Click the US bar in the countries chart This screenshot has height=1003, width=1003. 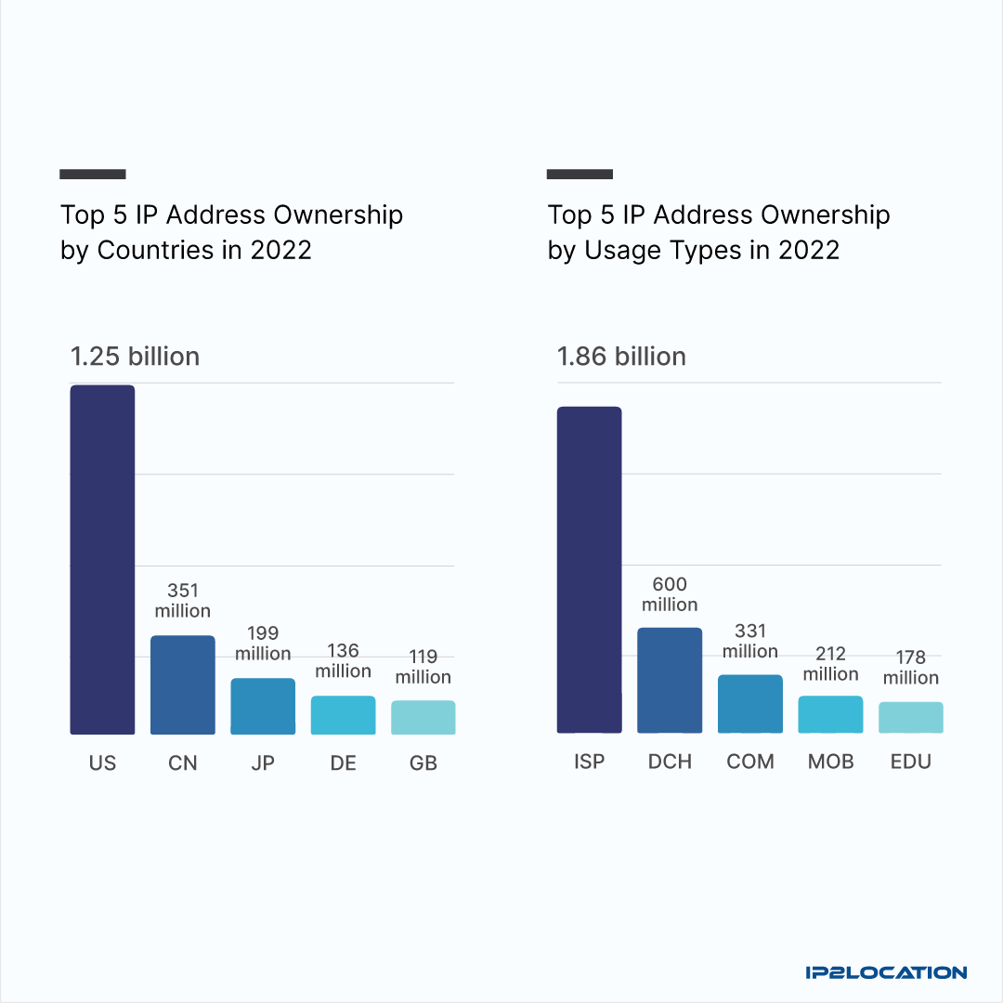point(103,559)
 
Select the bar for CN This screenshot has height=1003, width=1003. point(183,684)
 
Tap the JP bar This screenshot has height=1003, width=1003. point(263,706)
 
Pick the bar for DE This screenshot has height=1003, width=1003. point(343,715)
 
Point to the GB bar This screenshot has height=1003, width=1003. point(423,717)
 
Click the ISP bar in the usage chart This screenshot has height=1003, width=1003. point(589,569)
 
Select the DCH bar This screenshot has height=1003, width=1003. point(670,680)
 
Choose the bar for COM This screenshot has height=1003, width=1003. point(749,703)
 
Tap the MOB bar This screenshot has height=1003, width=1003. point(830,714)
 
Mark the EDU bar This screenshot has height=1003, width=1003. point(910,717)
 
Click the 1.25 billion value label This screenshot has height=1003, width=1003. point(136,357)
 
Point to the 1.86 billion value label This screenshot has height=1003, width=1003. point(621,357)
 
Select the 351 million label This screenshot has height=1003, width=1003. point(183,601)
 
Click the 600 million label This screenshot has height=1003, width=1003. point(670,594)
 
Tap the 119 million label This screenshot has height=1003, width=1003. point(423,667)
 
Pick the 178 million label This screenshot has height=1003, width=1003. point(910,668)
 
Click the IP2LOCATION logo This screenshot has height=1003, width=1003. point(886,972)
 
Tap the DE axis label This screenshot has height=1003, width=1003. point(343,763)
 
